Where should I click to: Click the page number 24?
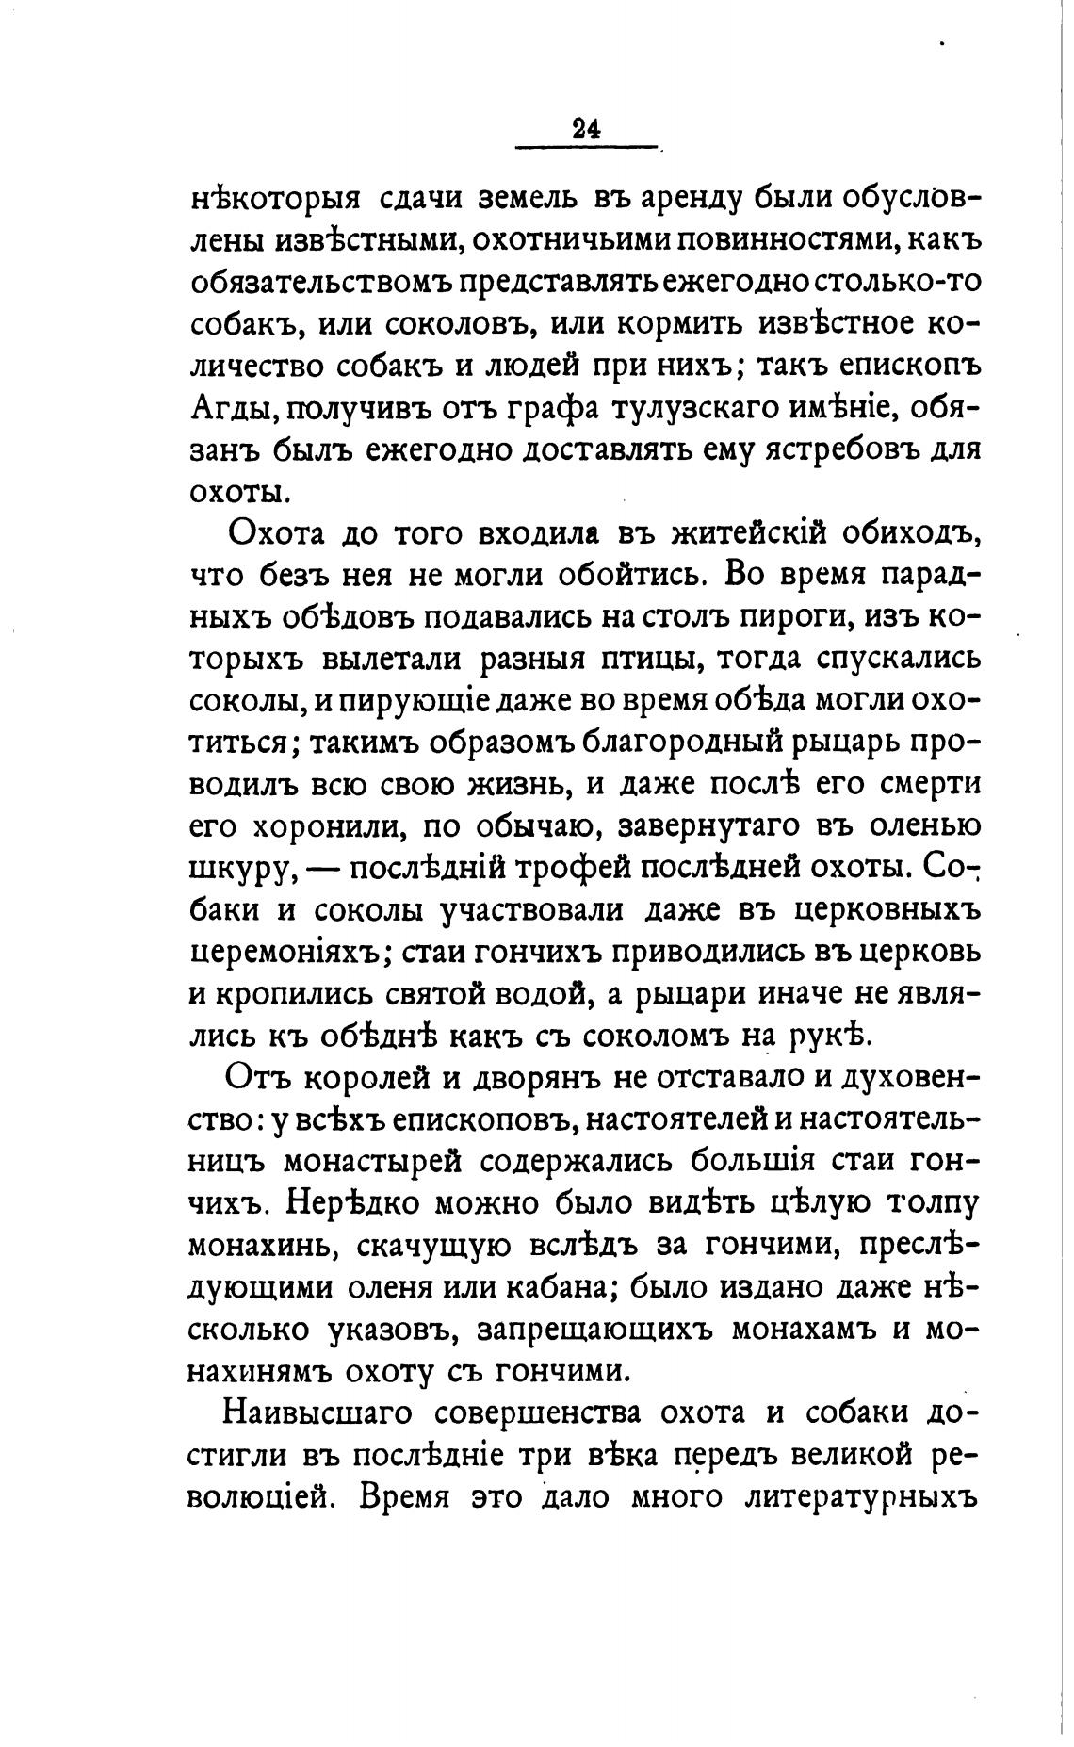tap(585, 129)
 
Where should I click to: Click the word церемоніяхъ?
tap(285, 952)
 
